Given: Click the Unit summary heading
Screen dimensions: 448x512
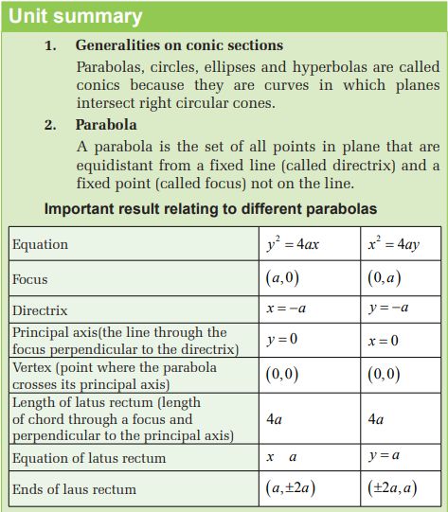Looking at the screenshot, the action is pos(76,16).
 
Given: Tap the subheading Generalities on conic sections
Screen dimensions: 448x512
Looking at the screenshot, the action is pos(179,45).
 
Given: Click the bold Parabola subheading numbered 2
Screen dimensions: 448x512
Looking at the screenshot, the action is pos(106,125).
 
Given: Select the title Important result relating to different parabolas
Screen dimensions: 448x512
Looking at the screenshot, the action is pos(210,208).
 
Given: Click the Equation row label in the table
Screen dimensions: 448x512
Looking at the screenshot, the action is pos(40,244).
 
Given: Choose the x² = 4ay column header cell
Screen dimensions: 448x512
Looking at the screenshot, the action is pos(393,243).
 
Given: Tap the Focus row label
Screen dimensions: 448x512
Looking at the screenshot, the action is pos(29,279).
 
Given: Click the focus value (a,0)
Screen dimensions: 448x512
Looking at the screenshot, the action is pos(283,279).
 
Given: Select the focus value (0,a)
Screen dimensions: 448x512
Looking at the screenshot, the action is pos(384,279).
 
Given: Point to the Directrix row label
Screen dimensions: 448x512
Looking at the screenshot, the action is pos(40,310).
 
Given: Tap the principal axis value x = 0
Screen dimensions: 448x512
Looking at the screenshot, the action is pos(383,341).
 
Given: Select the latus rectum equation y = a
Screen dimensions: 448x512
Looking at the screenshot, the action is pos(383,456).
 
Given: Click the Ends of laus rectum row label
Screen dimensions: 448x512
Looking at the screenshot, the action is pos(74,489).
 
